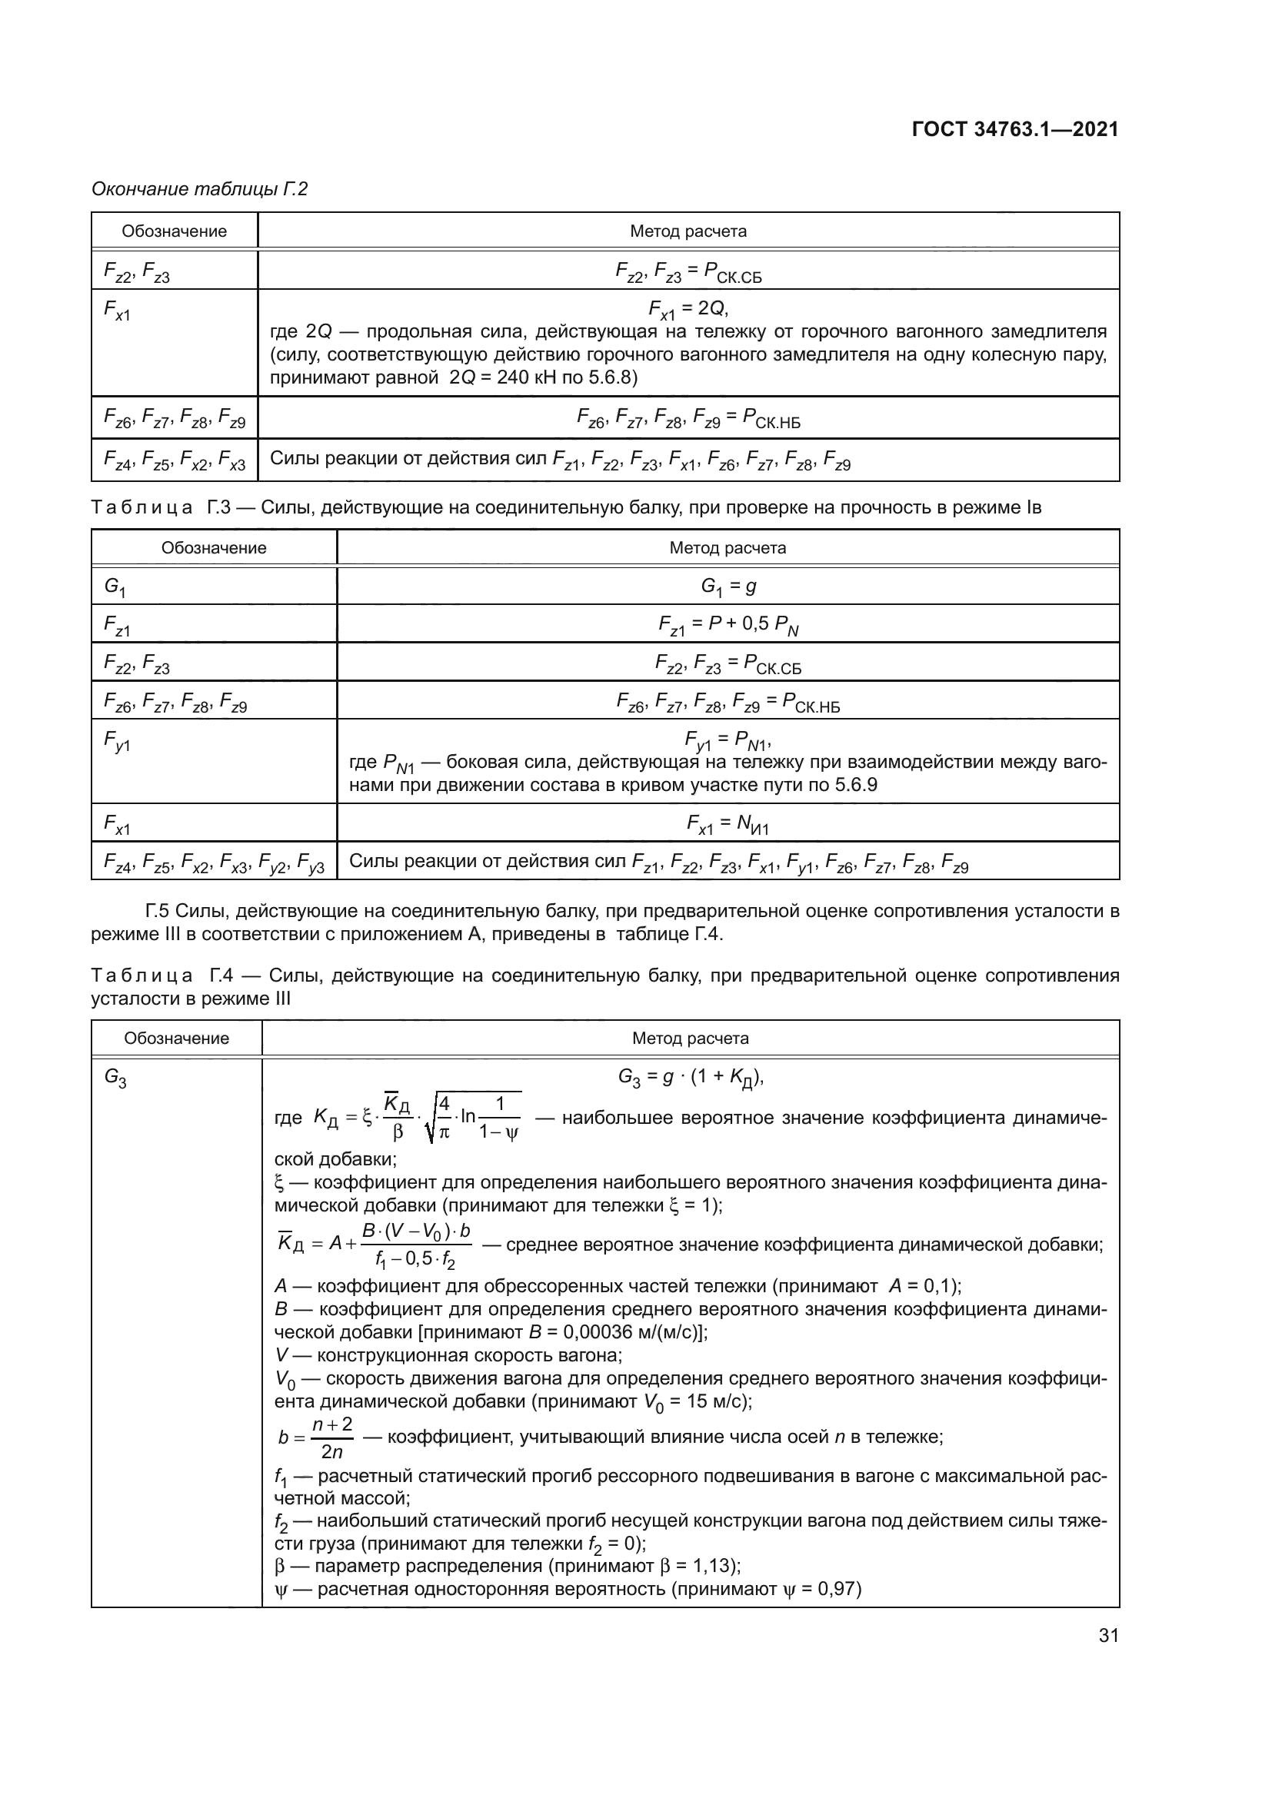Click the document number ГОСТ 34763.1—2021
tap(1015, 129)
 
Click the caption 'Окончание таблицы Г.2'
tap(200, 189)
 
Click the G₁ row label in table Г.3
tap(115, 586)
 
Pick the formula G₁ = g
tap(728, 586)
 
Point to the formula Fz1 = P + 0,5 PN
tap(728, 624)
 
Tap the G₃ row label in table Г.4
tap(115, 1078)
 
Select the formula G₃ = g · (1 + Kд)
tap(690, 1078)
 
